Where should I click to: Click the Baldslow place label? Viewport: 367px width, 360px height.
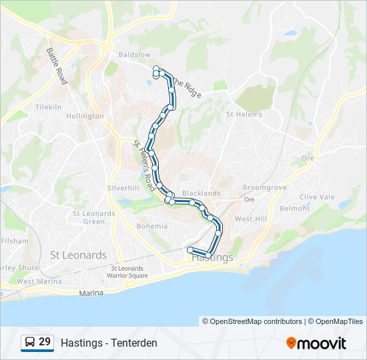pyautogui.click(x=134, y=54)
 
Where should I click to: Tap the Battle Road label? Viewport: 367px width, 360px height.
pyautogui.click(x=56, y=65)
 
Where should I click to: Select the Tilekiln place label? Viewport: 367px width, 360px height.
pyautogui.click(x=48, y=107)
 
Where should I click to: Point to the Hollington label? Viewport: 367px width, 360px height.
pyautogui.click(x=85, y=116)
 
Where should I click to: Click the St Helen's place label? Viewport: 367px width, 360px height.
pyautogui.click(x=244, y=114)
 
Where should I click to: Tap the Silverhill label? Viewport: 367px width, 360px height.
pyautogui.click(x=123, y=188)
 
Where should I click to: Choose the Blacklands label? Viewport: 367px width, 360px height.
pyautogui.click(x=201, y=193)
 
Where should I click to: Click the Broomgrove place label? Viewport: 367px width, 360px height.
pyautogui.click(x=264, y=188)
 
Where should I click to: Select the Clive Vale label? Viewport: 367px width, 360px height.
pyautogui.click(x=317, y=197)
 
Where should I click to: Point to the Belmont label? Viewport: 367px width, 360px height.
pyautogui.click(x=295, y=208)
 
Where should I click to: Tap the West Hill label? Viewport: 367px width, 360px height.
pyautogui.click(x=251, y=219)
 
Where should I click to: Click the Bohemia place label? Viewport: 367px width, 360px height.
pyautogui.click(x=152, y=226)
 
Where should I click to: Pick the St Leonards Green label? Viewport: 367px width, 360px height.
pyautogui.click(x=94, y=217)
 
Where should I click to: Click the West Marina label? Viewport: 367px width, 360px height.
pyautogui.click(x=35, y=281)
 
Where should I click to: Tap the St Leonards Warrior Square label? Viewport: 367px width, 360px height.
pyautogui.click(x=129, y=272)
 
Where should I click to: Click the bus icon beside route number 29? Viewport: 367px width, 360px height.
pyautogui.click(x=30, y=342)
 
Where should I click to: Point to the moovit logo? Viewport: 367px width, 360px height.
pyautogui.click(x=316, y=343)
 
